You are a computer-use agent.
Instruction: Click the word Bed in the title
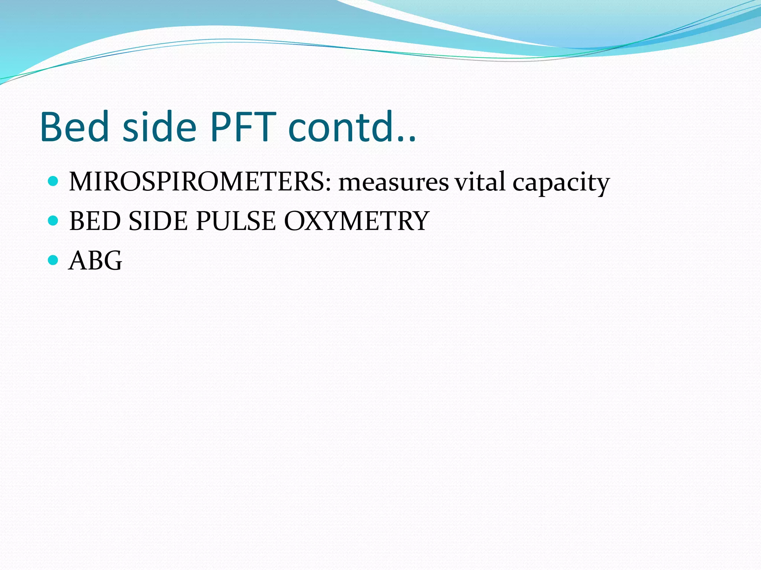pos(74,127)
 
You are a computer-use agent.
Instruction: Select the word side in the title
pos(159,127)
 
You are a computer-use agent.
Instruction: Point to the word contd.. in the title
pos(352,127)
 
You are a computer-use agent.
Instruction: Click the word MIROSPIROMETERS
pos(197,182)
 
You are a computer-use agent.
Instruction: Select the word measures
pos(394,182)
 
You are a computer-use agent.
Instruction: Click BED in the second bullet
pos(95,221)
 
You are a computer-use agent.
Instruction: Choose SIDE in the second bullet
pos(158,221)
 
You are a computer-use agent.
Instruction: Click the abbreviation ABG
pos(95,261)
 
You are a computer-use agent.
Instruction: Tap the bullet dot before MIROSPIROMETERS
pos(54,181)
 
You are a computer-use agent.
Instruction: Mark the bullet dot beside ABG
pos(54,260)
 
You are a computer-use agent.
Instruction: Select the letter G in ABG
pos(112,261)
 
